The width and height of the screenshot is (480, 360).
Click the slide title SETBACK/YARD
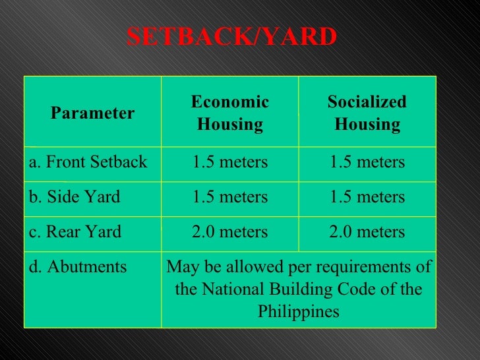coord(231,38)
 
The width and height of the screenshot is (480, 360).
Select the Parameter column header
coord(92,113)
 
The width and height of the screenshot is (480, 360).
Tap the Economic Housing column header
coord(230,113)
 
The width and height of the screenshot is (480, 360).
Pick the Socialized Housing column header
coord(367,113)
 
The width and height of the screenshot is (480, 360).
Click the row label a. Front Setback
coord(88,162)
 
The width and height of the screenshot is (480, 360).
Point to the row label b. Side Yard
coord(75,197)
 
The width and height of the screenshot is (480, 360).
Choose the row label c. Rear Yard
coord(75,232)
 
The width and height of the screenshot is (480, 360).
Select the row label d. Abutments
coord(78,267)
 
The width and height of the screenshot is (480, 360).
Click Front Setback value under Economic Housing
coord(230,162)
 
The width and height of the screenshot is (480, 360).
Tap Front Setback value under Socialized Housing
coord(367,162)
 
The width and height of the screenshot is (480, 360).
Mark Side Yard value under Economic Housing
coord(230,197)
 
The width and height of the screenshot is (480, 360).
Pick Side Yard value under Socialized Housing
coord(367,197)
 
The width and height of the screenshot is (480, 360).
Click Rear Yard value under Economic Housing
coord(230,232)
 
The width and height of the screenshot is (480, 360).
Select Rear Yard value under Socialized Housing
coord(367,232)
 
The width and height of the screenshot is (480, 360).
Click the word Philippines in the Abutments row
coord(299,311)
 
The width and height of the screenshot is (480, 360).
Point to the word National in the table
coord(231,289)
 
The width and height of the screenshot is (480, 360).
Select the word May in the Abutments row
coord(180,268)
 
